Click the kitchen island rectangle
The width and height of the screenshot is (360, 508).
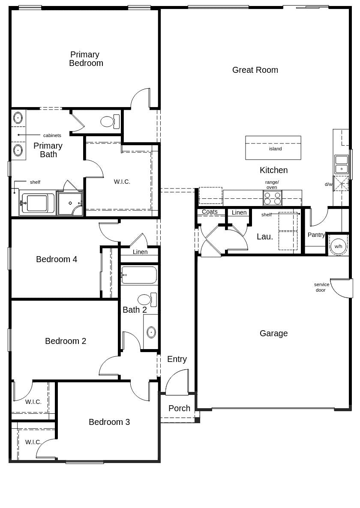point(273,148)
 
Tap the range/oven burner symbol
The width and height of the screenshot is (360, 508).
point(272,198)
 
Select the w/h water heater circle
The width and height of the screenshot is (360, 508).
point(338,246)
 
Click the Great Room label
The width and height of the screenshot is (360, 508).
point(255,70)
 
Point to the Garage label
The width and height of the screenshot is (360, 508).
point(273,333)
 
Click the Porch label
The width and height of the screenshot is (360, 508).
point(179,408)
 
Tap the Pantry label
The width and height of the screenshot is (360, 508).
point(316,235)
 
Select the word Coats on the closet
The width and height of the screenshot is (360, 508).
point(210,212)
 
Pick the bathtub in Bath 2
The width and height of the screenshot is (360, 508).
point(139,275)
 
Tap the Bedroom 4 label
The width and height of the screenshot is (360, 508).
point(57,259)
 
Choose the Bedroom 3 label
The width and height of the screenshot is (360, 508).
point(109,422)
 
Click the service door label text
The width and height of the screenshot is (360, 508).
point(321,287)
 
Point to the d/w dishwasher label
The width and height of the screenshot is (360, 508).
point(328,184)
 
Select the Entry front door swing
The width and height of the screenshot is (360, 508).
point(177,383)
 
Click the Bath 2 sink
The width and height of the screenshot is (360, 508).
point(151,332)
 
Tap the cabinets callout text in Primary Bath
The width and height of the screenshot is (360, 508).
point(52,135)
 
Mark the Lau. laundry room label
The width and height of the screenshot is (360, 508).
point(264,236)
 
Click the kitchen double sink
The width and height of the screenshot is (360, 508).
point(342,164)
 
